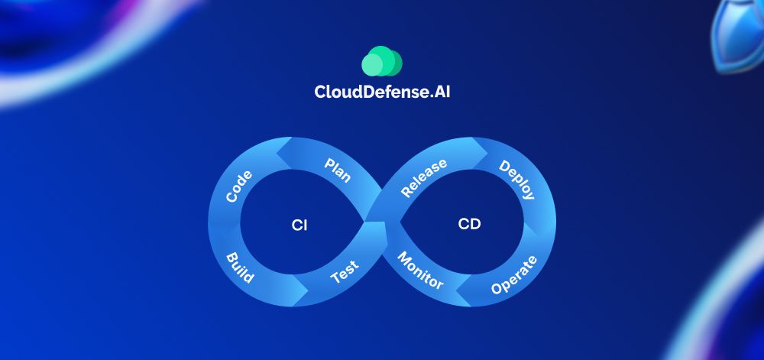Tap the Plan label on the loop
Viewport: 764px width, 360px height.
tap(337, 170)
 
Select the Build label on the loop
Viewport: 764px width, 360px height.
tap(240, 267)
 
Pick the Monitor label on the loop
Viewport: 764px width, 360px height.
tap(419, 271)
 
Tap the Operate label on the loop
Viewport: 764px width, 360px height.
tap(514, 275)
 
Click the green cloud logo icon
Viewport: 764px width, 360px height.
tap(382, 61)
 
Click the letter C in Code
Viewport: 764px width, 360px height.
tap(231, 197)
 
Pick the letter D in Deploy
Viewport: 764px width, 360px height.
tap(503, 167)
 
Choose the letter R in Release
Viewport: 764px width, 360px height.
tap(406, 193)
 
